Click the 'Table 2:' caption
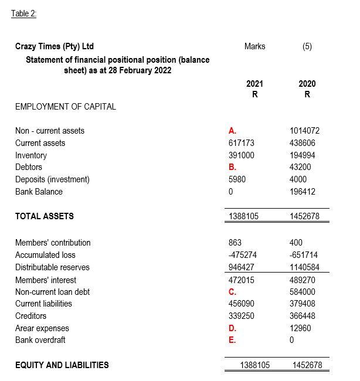pyautogui.click(x=23, y=14)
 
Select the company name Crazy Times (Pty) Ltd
pyautogui.click(x=54, y=46)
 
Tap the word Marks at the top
pyautogui.click(x=254, y=46)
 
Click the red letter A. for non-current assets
pyautogui.click(x=232, y=131)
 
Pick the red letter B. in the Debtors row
pyautogui.click(x=232, y=167)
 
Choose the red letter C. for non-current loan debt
pyautogui.click(x=232, y=292)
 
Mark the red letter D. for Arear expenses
pyautogui.click(x=232, y=328)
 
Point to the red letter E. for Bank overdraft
pyautogui.click(x=232, y=341)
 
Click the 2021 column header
pyautogui.click(x=254, y=84)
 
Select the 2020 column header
pyautogui.click(x=307, y=84)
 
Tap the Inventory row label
pyautogui.click(x=30, y=155)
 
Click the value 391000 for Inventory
pyautogui.click(x=241, y=155)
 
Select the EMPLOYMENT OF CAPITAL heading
pyautogui.click(x=65, y=107)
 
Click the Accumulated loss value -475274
pyautogui.click(x=242, y=255)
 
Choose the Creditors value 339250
pyautogui.click(x=241, y=316)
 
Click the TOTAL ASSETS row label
pyautogui.click(x=44, y=216)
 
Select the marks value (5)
pyautogui.click(x=307, y=46)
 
